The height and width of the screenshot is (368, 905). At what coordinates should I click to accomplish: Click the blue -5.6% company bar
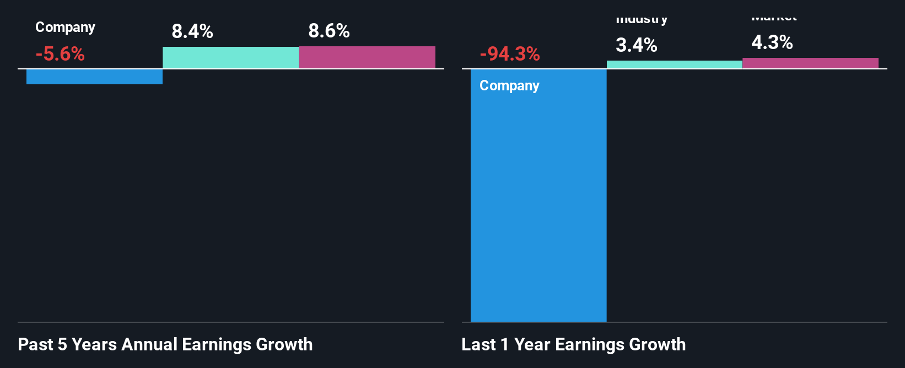(94, 77)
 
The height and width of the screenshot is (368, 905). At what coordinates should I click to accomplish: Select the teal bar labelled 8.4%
(230, 57)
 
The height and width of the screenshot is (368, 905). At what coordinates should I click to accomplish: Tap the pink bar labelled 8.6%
(367, 57)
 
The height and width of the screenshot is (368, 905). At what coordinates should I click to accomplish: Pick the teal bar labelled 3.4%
(675, 64)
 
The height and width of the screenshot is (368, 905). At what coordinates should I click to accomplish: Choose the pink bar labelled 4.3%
(810, 63)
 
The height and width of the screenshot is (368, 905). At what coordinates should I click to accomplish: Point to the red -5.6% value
(60, 54)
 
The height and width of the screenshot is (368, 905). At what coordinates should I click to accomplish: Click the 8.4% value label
(192, 31)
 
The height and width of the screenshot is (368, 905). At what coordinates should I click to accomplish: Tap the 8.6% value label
(329, 31)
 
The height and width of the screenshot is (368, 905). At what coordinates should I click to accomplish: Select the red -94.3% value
(510, 54)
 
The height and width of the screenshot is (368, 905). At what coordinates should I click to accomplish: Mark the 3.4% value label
(637, 45)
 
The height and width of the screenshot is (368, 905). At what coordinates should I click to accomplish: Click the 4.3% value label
(772, 42)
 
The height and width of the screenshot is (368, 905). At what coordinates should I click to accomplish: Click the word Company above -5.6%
(65, 28)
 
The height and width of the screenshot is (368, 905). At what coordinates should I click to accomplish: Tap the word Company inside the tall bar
(509, 86)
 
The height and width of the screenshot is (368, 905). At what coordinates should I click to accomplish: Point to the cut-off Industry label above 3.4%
(642, 20)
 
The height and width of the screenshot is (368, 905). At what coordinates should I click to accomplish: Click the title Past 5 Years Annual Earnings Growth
(165, 345)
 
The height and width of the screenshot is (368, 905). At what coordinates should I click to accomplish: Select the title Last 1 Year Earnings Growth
(574, 345)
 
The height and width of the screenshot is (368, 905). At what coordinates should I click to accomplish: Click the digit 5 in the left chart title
(62, 345)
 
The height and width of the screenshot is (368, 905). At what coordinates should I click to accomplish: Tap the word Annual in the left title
(149, 345)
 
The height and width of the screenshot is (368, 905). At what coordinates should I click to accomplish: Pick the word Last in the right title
(478, 345)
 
